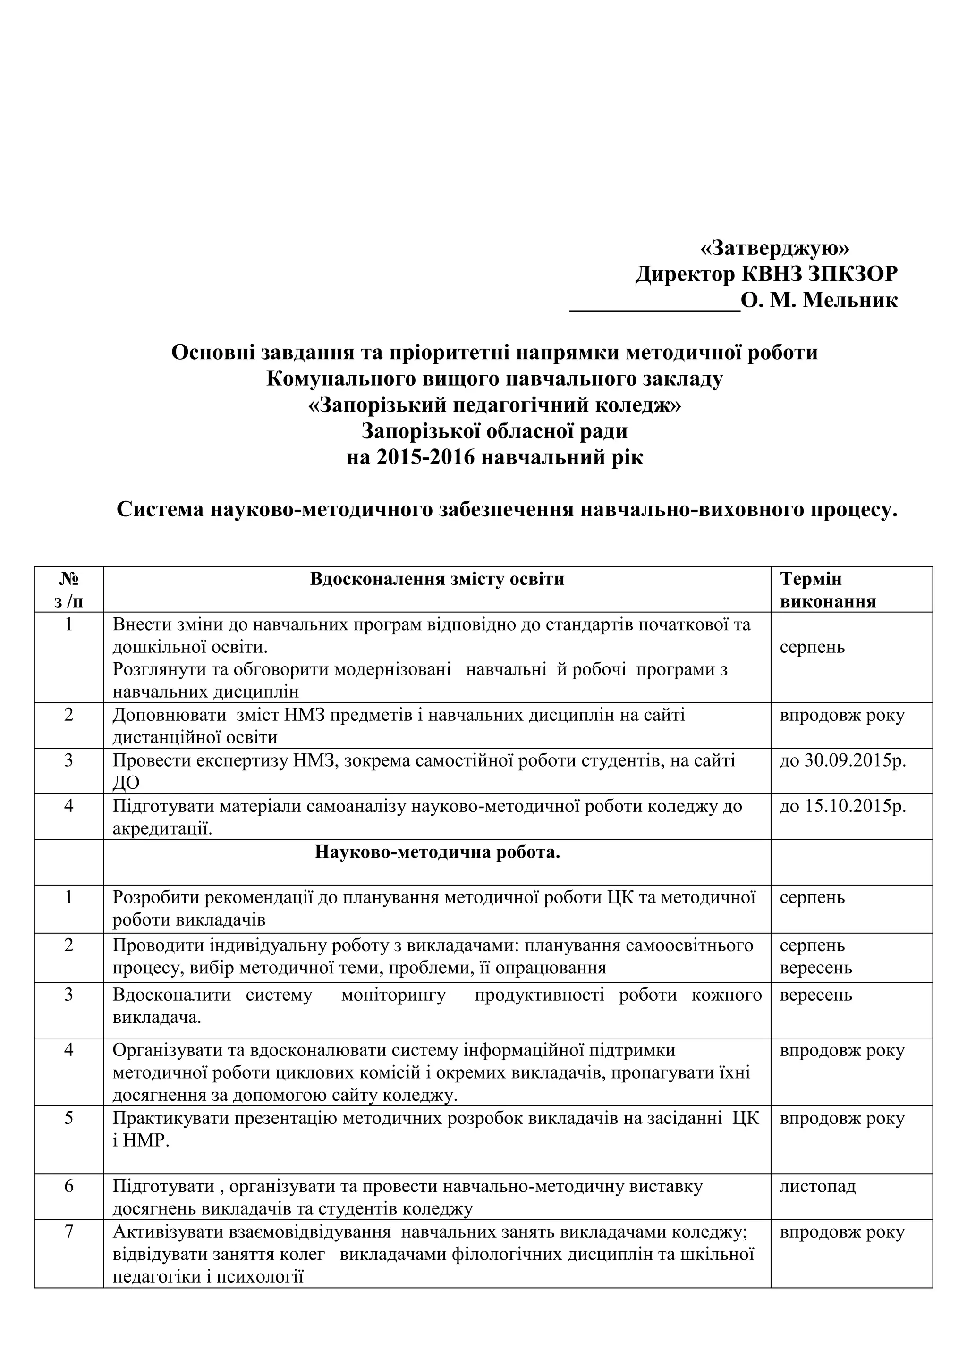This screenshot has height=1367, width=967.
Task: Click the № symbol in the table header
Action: pyautogui.click(x=68, y=579)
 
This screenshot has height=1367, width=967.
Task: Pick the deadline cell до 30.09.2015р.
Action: pyautogui.click(x=842, y=760)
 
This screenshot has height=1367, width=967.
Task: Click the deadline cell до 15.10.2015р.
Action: pyautogui.click(x=842, y=806)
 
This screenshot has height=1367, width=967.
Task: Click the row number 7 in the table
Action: pyautogui.click(x=68, y=1232)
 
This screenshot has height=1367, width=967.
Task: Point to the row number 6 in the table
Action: pyautogui.click(x=68, y=1186)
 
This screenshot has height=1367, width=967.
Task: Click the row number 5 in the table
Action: pyautogui.click(x=68, y=1118)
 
